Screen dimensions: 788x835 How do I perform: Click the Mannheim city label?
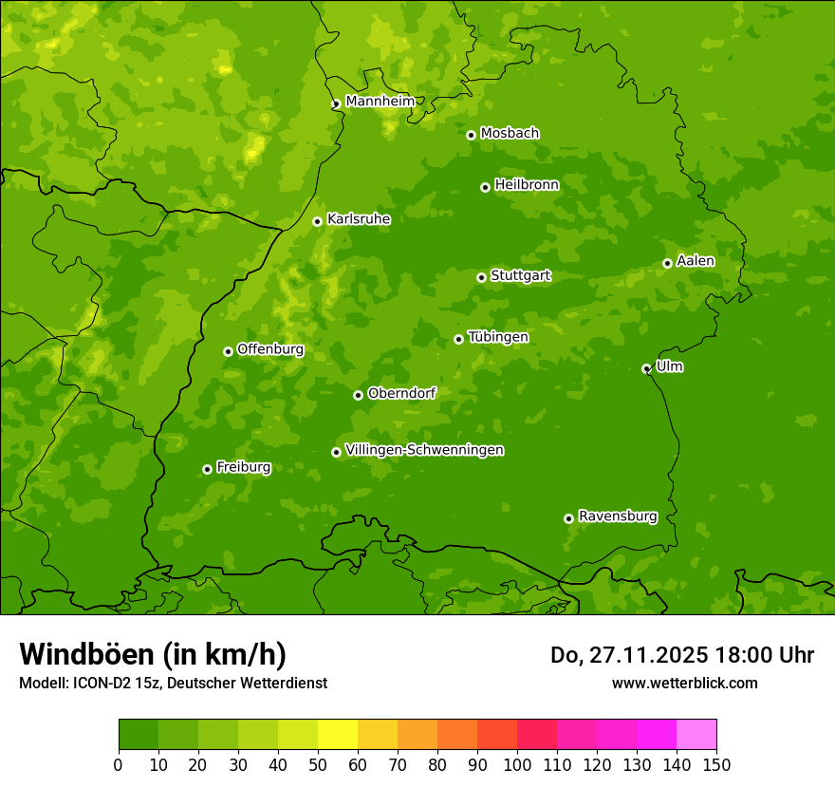(x=380, y=102)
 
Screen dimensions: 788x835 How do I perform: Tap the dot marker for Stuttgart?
(x=481, y=277)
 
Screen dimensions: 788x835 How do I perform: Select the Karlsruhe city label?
(x=359, y=219)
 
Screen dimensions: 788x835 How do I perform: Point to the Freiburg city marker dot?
(x=207, y=469)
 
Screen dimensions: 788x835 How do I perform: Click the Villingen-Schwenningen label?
(x=424, y=450)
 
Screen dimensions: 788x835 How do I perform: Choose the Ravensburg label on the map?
(x=618, y=516)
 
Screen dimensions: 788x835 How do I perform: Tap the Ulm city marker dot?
(x=646, y=368)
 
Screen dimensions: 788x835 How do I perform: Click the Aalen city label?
(x=696, y=261)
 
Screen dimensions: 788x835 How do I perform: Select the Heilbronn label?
(x=527, y=185)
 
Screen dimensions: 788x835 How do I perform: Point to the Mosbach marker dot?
(x=471, y=135)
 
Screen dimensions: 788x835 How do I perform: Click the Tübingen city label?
(x=498, y=337)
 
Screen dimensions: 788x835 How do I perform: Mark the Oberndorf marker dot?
(x=358, y=395)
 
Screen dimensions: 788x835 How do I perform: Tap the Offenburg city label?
(x=270, y=349)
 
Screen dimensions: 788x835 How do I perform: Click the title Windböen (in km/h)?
(x=153, y=654)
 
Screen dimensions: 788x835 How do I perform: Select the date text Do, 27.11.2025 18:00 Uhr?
(x=682, y=655)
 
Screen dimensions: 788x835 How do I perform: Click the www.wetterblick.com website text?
(x=684, y=683)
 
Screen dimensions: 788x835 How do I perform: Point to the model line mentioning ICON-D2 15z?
(x=173, y=683)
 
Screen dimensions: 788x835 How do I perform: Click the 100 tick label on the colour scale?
(x=517, y=764)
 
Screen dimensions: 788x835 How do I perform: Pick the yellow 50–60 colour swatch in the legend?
(x=338, y=735)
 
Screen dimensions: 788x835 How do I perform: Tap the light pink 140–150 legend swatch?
(x=696, y=735)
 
